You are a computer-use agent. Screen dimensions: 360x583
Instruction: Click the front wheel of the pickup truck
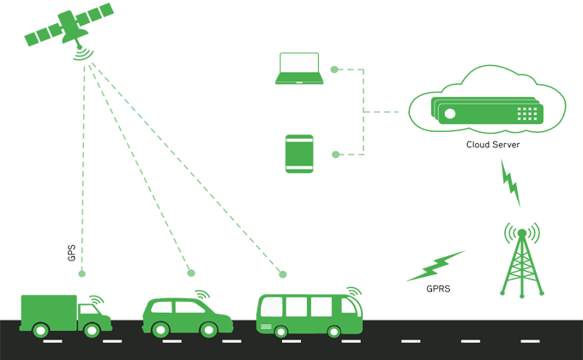pos(92,328)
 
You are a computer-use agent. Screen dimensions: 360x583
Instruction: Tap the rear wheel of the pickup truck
pos(39,329)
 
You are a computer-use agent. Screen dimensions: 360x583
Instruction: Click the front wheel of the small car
pos(208,328)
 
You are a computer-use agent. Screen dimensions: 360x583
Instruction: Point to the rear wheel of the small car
pos(159,328)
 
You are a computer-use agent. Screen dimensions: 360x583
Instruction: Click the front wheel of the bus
pos(334,331)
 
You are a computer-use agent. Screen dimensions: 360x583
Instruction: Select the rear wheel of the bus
pos(279,331)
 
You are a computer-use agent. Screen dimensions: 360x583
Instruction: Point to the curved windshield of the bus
pos(347,307)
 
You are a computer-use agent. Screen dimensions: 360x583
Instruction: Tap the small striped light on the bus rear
pos(266,327)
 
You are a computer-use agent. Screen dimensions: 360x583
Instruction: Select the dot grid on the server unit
pos(527,112)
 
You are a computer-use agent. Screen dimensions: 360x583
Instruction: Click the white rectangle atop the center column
pos(299,63)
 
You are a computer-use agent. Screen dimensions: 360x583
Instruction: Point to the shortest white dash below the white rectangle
pos(299,82)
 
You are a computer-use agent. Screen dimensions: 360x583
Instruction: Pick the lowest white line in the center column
pos(299,167)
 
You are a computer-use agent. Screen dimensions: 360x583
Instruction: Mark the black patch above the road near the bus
pos(446,290)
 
